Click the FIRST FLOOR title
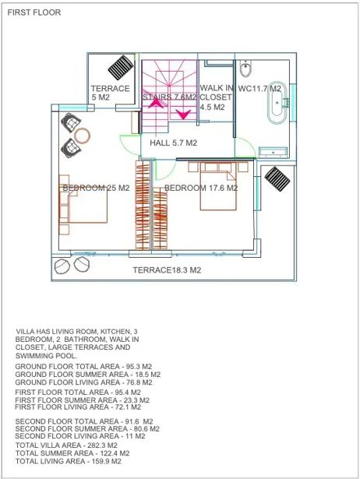coord(34,12)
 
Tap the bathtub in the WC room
coord(277,103)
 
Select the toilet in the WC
coord(245,68)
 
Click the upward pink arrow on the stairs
coord(156,102)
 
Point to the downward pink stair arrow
coord(184,114)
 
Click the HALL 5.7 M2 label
coord(173,143)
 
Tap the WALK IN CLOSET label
coord(216,97)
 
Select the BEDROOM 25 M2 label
coord(96,188)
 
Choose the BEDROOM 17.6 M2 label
coord(201,188)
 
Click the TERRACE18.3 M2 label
coord(167,270)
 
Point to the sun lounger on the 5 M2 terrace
coord(121,67)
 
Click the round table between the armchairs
coord(82,136)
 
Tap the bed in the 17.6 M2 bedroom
coord(218,187)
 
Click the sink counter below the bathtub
coord(273,152)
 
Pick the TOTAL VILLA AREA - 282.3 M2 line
coord(66,446)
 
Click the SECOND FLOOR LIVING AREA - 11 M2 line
coord(80,436)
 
